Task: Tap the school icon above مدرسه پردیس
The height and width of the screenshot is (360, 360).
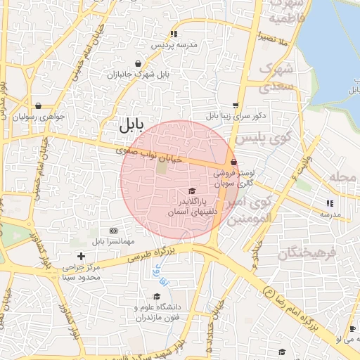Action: coord(173,34)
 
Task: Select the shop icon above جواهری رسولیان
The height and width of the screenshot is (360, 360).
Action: coord(37,105)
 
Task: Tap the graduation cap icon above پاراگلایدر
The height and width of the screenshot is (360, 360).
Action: coord(192,191)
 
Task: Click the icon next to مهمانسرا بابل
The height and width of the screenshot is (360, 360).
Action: coord(113,231)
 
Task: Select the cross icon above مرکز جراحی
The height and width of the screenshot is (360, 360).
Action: coord(82,256)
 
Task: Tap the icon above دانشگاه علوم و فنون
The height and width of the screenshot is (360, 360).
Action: coord(156,296)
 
